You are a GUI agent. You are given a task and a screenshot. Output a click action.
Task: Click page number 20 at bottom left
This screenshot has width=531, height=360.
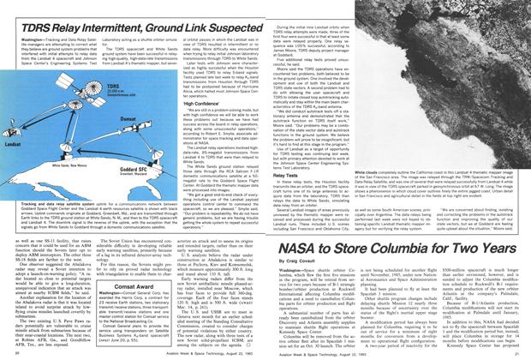point(11,351)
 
